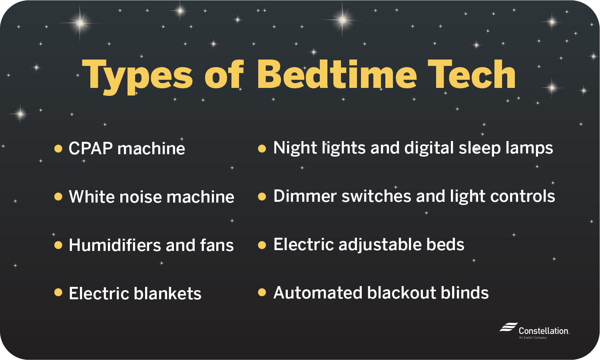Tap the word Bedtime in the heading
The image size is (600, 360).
[337, 75]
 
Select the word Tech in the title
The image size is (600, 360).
[472, 75]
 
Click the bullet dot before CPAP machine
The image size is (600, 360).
[58, 149]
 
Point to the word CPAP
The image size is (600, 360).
[91, 149]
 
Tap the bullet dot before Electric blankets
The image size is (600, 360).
[58, 293]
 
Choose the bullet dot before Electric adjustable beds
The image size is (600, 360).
[262, 245]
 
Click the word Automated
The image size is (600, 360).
[318, 293]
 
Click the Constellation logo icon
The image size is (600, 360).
[508, 328]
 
